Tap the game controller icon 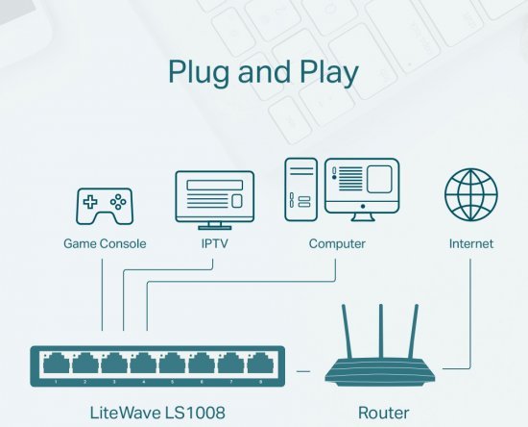[105, 205]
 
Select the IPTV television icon [214, 197]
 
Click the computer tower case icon [301, 188]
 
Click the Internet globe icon [470, 195]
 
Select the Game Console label [105, 243]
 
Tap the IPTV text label [214, 243]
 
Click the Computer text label [337, 243]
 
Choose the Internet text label [470, 243]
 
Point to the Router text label [383, 413]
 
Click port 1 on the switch [56, 364]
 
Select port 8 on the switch [257, 364]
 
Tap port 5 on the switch [171, 364]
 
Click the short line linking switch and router [303, 368]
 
